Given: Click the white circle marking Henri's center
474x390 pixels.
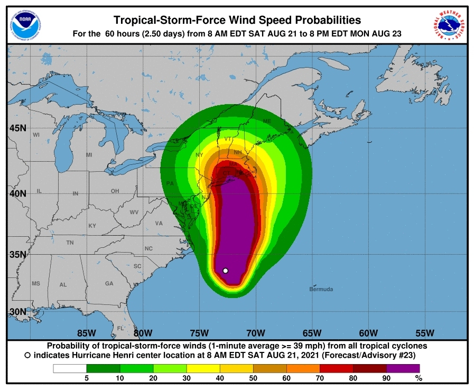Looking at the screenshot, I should point(226,271).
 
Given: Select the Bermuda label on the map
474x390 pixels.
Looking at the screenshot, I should point(321,289).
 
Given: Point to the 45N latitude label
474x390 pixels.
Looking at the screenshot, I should point(18,128).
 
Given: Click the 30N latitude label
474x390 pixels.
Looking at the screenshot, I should point(18,311).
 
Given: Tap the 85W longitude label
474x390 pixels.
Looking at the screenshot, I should point(87,333).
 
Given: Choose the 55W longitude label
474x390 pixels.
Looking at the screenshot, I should point(424,333).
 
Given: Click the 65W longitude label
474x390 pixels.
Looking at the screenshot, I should point(312,333).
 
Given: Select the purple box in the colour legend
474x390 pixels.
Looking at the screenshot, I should point(403,368).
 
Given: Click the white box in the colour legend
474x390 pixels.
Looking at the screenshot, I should point(70,368).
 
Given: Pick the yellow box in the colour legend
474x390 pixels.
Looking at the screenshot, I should point(203,368).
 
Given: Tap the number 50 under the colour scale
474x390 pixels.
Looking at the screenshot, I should point(253,378).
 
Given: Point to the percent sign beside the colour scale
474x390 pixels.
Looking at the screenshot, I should point(419,378).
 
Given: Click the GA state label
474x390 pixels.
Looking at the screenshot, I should point(109,284).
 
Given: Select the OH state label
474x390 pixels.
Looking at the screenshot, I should point(115,191).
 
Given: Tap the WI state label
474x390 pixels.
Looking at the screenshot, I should point(36,135).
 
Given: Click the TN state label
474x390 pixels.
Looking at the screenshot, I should point(70,243).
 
